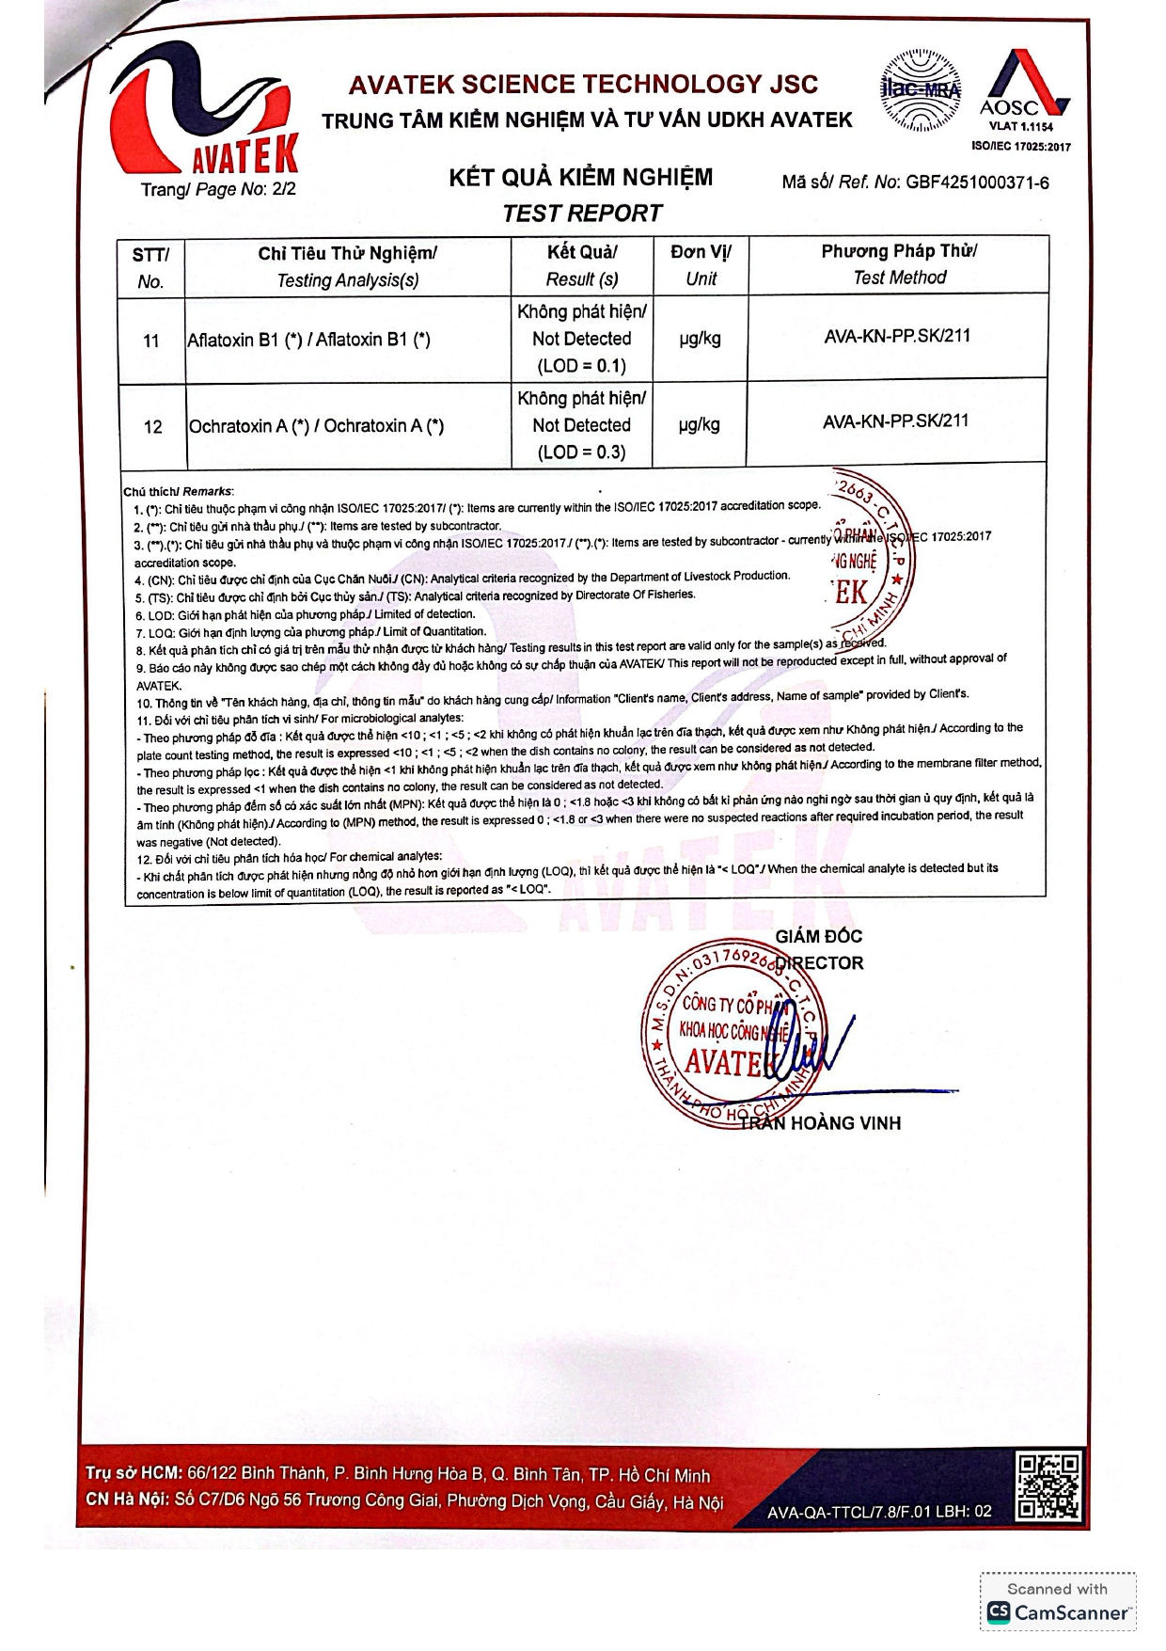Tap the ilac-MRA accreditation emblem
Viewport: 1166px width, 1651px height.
pyautogui.click(x=921, y=90)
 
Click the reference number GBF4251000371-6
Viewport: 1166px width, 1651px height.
pyautogui.click(x=977, y=183)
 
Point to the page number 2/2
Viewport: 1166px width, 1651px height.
pyautogui.click(x=284, y=189)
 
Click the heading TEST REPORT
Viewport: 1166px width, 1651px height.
pyautogui.click(x=582, y=214)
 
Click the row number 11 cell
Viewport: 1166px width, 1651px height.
pyautogui.click(x=151, y=341)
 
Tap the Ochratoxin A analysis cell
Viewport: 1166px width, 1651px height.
pyautogui.click(x=317, y=426)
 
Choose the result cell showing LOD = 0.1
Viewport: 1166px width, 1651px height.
pyautogui.click(x=581, y=339)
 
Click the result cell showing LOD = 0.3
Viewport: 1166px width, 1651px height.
pyautogui.click(x=581, y=425)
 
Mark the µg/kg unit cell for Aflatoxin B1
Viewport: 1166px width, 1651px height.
pyautogui.click(x=701, y=339)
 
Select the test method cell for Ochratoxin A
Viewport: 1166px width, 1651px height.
pyautogui.click(x=895, y=421)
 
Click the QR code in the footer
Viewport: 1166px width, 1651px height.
pyautogui.click(x=1048, y=1485)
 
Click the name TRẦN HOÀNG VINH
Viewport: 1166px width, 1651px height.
pyautogui.click(x=820, y=1123)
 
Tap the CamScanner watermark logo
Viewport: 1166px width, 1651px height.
pyautogui.click(x=1058, y=1611)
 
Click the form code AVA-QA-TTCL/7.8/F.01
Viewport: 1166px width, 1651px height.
pyautogui.click(x=879, y=1512)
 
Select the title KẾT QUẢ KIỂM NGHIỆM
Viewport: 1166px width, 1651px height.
pyautogui.click(x=581, y=178)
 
